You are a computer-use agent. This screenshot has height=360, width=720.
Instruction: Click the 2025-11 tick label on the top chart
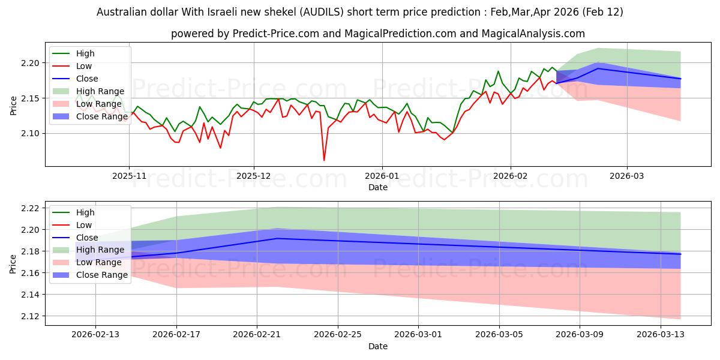(x=129, y=176)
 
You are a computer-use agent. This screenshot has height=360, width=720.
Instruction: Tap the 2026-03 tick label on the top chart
(x=627, y=176)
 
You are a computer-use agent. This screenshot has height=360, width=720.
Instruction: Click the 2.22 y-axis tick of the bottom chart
(x=31, y=208)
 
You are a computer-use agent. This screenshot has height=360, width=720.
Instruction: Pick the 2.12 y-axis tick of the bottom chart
(x=31, y=316)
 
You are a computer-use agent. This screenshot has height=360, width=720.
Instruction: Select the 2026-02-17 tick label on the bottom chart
(x=176, y=335)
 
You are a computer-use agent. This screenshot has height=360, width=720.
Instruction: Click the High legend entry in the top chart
(x=85, y=53)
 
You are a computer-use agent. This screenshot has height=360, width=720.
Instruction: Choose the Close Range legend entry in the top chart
(x=102, y=116)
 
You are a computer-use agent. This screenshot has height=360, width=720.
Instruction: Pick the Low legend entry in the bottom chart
(x=85, y=225)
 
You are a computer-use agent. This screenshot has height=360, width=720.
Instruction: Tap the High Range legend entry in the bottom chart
(x=100, y=250)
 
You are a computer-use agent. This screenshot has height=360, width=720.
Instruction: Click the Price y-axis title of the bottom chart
(x=13, y=263)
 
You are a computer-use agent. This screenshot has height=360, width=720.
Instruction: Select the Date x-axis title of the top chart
(x=378, y=187)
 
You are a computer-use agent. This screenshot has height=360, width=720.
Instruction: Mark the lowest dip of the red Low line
(x=324, y=160)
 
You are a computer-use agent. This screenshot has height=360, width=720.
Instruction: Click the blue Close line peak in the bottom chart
(x=277, y=238)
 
